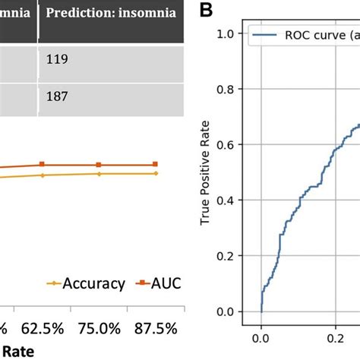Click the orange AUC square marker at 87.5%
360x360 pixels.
(x=156, y=164)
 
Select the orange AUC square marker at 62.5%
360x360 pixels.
(x=43, y=164)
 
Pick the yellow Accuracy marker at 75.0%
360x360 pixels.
(x=99, y=173)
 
